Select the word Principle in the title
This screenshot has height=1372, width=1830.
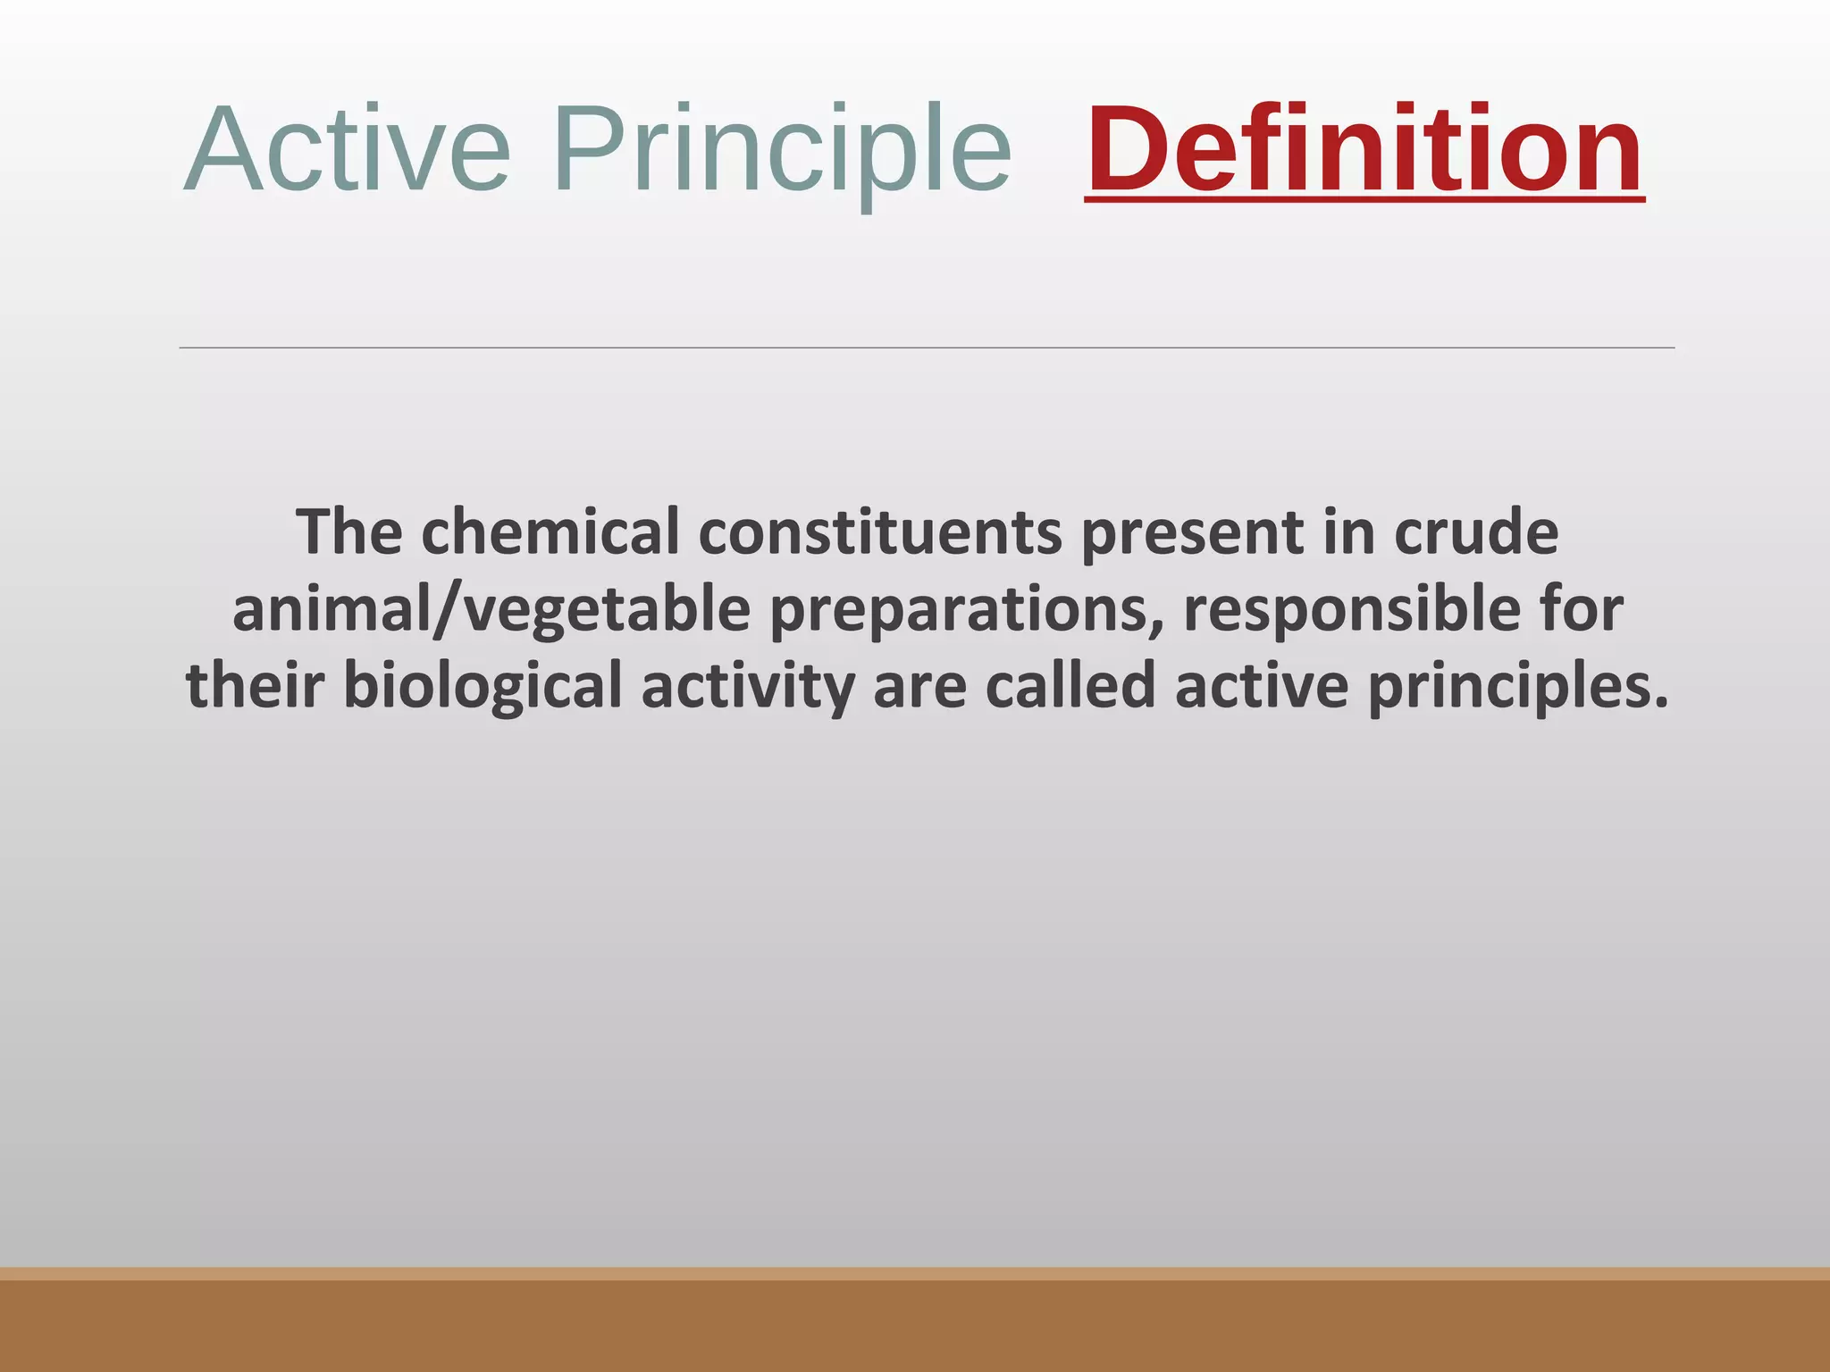(781, 149)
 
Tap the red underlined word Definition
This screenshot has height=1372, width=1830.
(1364, 149)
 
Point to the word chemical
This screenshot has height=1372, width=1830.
(550, 532)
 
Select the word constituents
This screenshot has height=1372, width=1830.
(880, 532)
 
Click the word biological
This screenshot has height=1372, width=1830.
(483, 686)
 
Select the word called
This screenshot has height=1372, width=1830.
(1070, 686)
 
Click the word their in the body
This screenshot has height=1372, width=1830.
(255, 686)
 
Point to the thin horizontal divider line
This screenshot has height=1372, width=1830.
(926, 347)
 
